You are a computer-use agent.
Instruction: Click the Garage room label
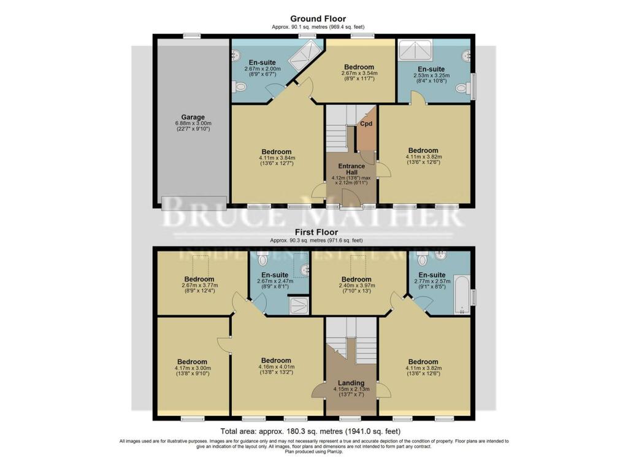coord(193,117)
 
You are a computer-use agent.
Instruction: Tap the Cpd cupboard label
coord(366,123)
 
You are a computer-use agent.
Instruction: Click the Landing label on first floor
coord(351,383)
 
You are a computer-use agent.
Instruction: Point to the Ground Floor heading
coord(318,18)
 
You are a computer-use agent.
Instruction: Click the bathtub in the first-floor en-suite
coord(461,295)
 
